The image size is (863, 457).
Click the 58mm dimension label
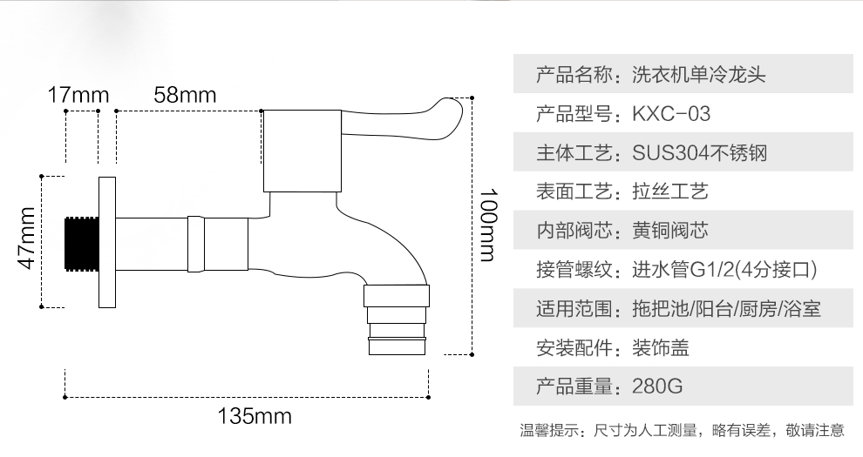[185, 95]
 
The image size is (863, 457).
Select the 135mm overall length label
[254, 416]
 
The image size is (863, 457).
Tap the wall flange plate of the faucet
[107, 241]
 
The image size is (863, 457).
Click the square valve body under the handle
[300, 151]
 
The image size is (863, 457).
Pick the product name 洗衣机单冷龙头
[699, 75]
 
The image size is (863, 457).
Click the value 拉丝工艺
[669, 192]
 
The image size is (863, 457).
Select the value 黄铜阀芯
[669, 231]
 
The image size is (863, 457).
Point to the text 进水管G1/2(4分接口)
[724, 270]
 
